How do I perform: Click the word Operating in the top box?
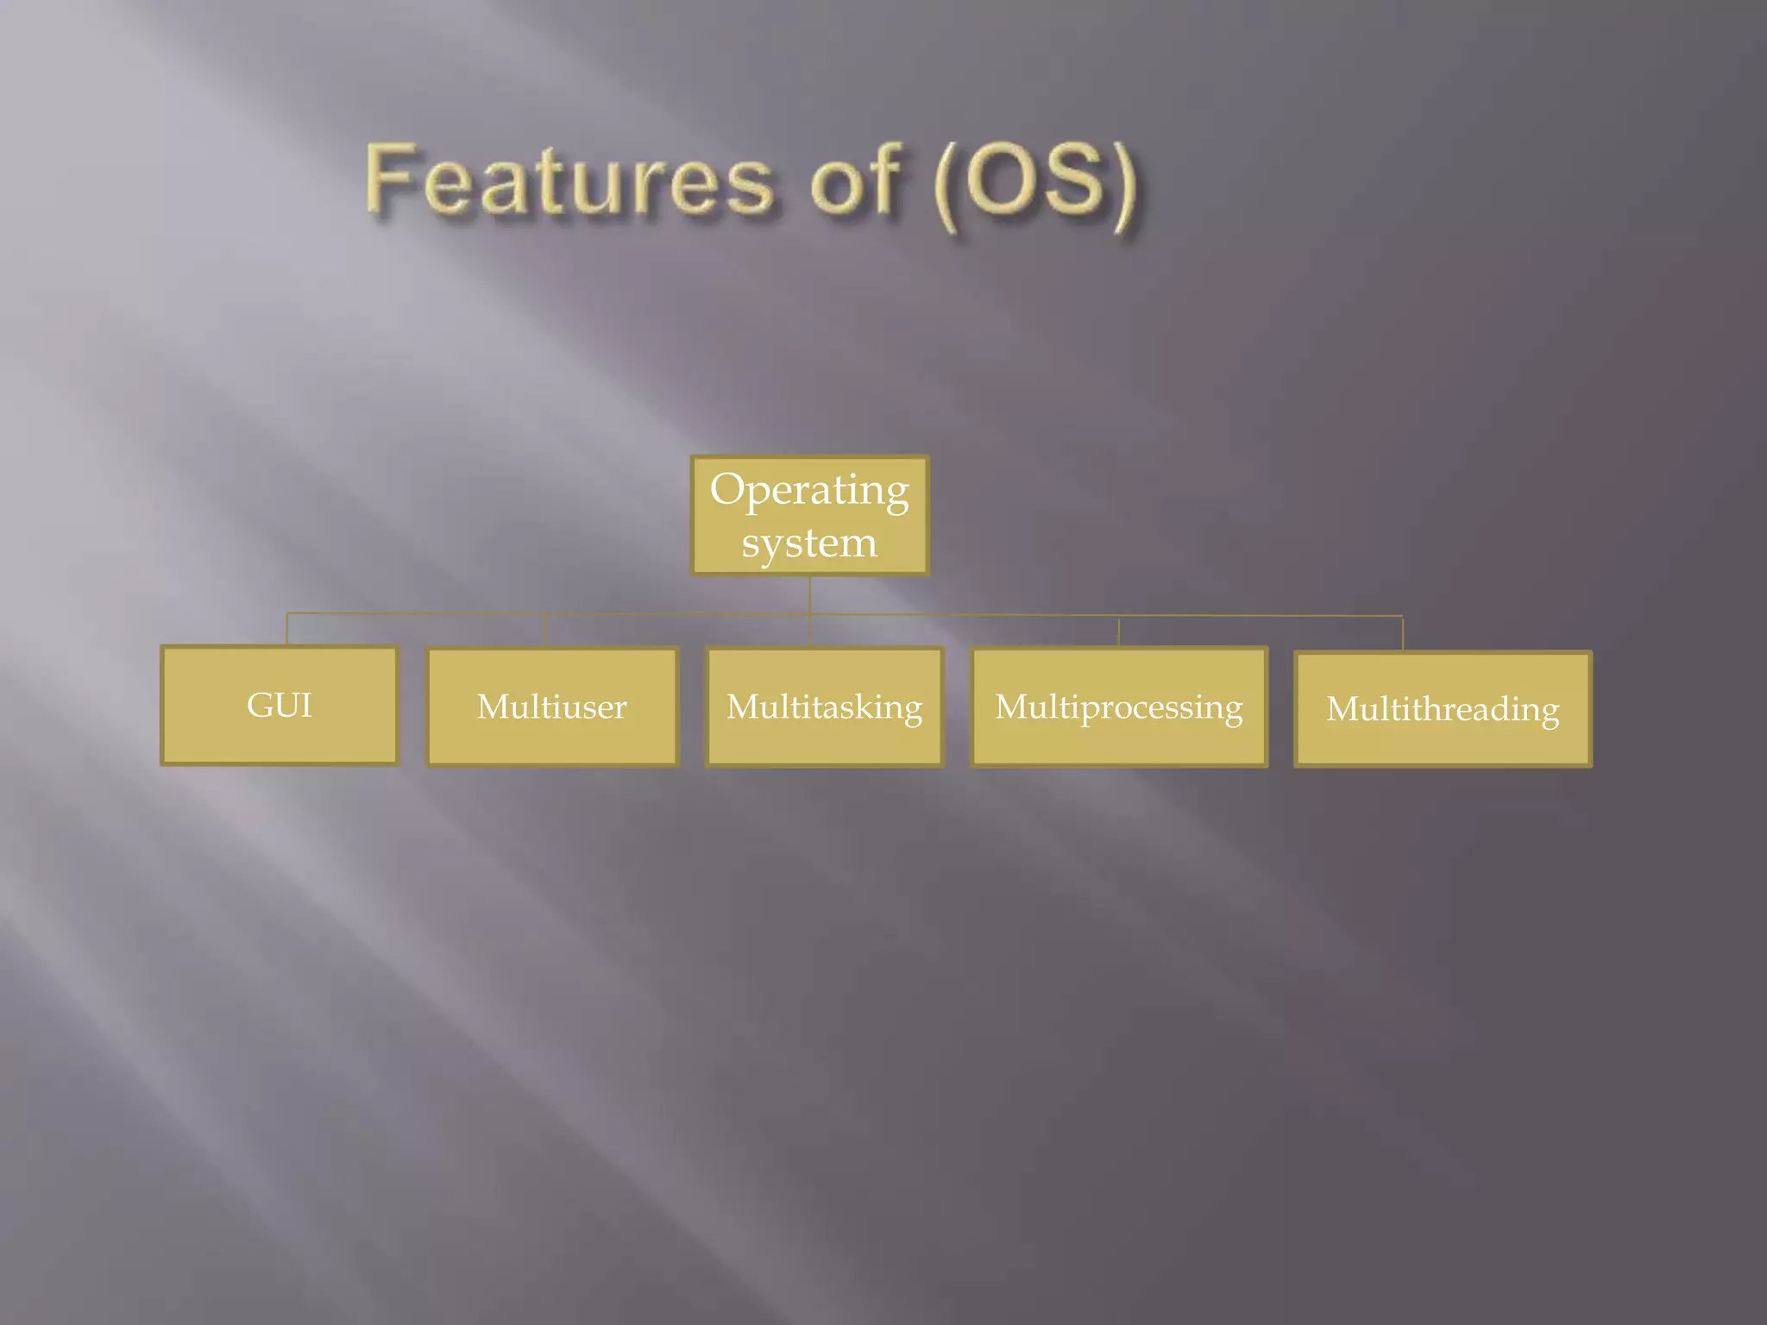(x=809, y=489)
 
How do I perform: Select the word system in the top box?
(x=809, y=543)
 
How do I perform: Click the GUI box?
(x=280, y=705)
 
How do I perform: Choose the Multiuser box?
(x=552, y=706)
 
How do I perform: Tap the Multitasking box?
(x=824, y=706)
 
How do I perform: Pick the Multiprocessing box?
(x=1119, y=706)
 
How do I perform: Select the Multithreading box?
(x=1443, y=709)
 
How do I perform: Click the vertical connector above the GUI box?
(x=287, y=629)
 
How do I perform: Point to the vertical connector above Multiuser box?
(x=545, y=631)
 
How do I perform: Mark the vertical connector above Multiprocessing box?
(x=1119, y=631)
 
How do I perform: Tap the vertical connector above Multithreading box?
(x=1402, y=634)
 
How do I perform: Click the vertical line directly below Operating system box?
(x=809, y=595)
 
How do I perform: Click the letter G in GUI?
(x=259, y=705)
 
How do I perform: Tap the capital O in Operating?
(x=727, y=488)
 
